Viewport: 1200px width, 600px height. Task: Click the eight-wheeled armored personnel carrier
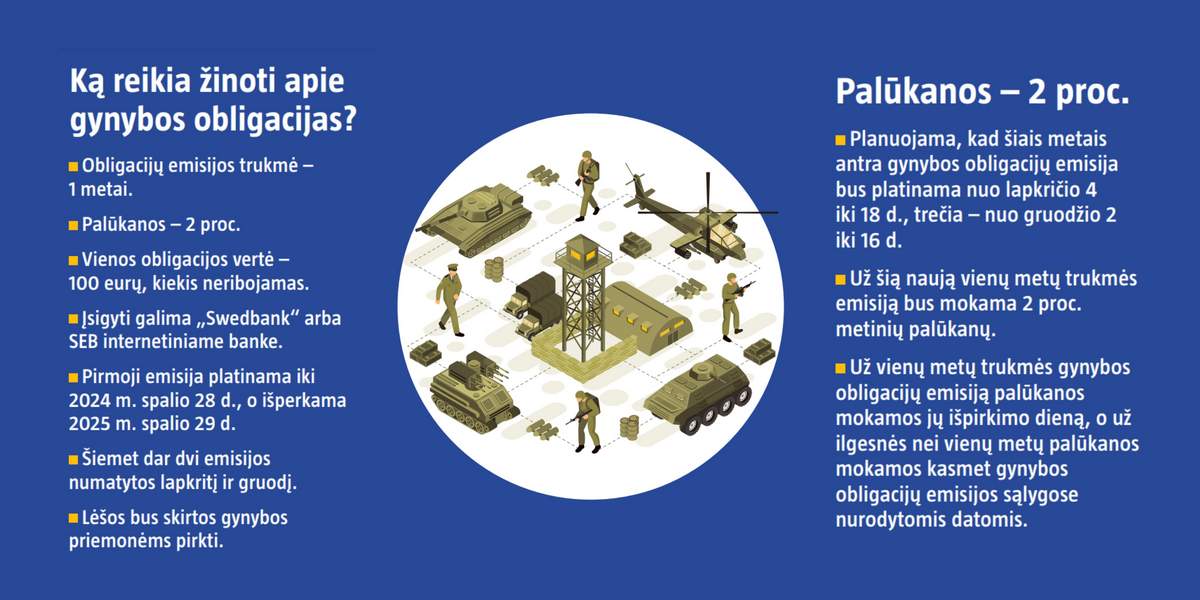click(699, 394)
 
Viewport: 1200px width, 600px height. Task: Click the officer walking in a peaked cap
click(450, 300)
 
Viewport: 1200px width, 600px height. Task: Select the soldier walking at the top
click(587, 185)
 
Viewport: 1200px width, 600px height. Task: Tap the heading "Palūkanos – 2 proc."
click(982, 92)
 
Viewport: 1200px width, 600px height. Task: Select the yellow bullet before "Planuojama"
click(840, 140)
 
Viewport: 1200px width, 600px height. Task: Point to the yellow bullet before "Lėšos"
click(73, 519)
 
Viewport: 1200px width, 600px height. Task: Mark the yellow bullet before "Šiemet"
click(73, 460)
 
